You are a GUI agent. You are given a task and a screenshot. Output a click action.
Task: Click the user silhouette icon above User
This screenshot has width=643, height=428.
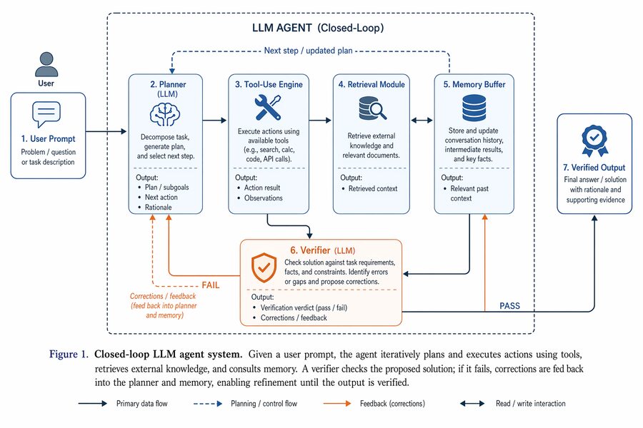pyautogui.click(x=46, y=64)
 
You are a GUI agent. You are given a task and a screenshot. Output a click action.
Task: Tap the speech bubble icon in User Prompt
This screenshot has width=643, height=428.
pyautogui.click(x=46, y=114)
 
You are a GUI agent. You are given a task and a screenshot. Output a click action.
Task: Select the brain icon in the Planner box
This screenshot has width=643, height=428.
pyautogui.click(x=165, y=114)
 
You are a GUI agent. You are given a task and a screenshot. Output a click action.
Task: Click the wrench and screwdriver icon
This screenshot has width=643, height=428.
pyautogui.click(x=268, y=107)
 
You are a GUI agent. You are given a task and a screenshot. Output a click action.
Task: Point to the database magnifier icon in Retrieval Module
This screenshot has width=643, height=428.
pyautogui.click(x=372, y=108)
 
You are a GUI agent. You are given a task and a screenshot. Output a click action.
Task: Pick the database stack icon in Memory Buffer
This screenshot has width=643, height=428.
pyautogui.click(x=474, y=108)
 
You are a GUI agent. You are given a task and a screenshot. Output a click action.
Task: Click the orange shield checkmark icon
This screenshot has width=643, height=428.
pyautogui.click(x=264, y=268)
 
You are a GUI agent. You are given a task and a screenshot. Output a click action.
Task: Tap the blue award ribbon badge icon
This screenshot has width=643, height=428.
pyautogui.click(x=594, y=141)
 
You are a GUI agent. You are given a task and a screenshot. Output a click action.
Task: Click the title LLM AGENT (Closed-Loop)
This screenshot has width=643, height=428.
pyautogui.click(x=318, y=28)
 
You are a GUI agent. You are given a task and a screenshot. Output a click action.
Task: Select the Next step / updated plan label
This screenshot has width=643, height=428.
pyautogui.click(x=308, y=51)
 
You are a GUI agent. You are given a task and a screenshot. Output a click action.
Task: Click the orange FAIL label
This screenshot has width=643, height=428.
pyautogui.click(x=210, y=285)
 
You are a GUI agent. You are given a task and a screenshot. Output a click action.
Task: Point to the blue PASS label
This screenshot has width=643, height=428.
pyautogui.click(x=509, y=306)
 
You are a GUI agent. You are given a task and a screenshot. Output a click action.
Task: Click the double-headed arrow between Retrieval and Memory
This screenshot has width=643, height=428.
pyautogui.click(x=422, y=121)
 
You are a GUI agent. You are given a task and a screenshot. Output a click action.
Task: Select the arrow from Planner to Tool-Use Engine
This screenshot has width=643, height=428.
pyautogui.click(x=214, y=121)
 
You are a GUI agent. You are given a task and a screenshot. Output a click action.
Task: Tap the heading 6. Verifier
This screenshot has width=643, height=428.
pyautogui.click(x=310, y=250)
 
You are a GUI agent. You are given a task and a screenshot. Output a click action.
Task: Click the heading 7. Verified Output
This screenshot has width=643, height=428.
pyautogui.click(x=594, y=168)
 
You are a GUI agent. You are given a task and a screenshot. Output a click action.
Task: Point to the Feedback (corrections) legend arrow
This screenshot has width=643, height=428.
pyautogui.click(x=337, y=404)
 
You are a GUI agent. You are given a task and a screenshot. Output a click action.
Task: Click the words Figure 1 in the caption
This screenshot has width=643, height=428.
pyautogui.click(x=69, y=355)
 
